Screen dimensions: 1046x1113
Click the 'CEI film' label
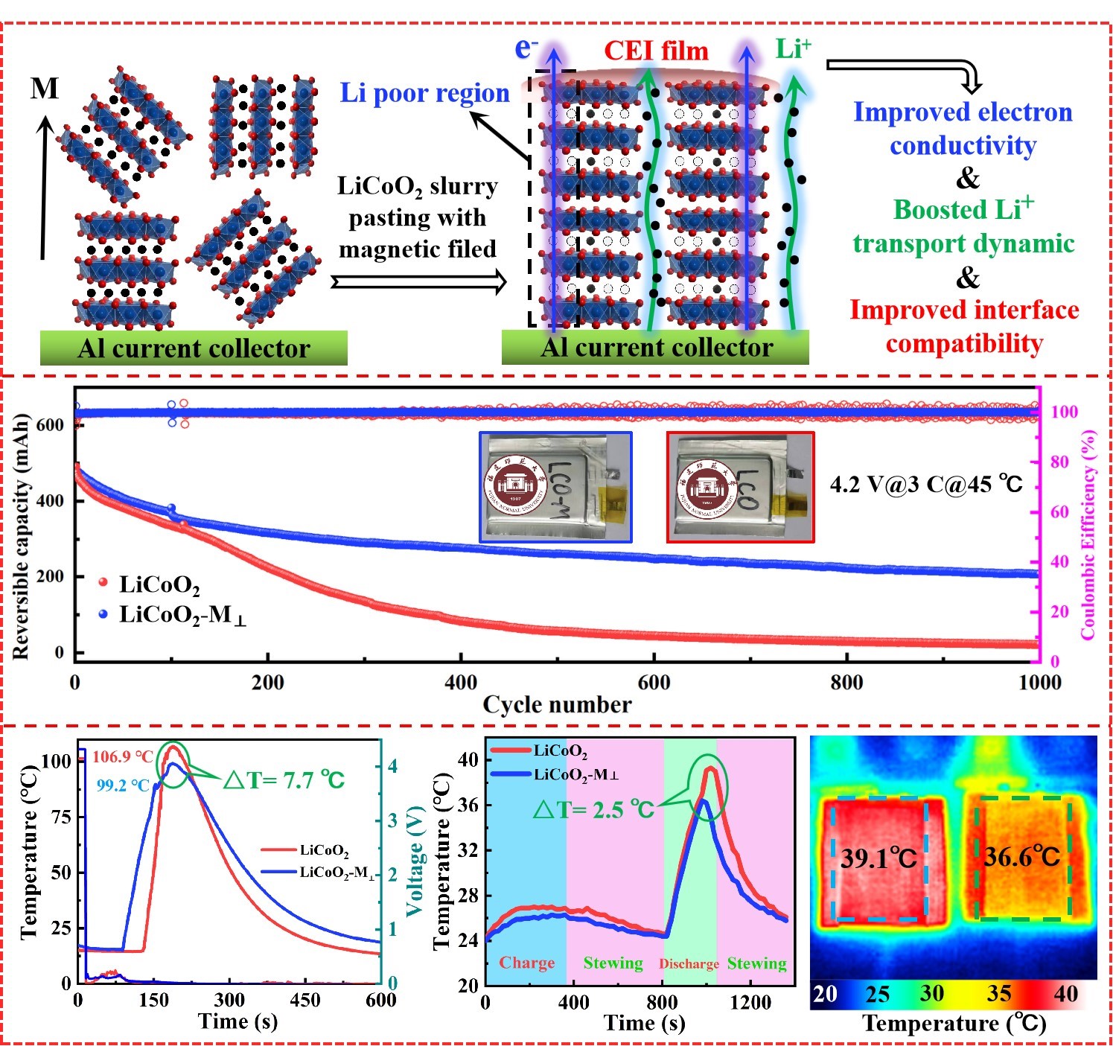coord(656,51)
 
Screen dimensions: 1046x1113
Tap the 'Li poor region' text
coord(424,93)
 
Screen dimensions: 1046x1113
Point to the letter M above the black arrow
coord(45,89)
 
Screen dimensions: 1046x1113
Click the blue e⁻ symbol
coord(526,48)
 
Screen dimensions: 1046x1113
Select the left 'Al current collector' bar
coord(194,348)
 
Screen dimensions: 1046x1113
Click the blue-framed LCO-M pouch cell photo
coord(555,486)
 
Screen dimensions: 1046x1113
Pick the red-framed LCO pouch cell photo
coord(740,486)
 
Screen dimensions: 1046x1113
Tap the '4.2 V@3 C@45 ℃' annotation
coord(926,485)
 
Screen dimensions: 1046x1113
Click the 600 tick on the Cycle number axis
coord(654,682)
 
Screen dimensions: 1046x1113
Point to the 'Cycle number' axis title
coord(557,704)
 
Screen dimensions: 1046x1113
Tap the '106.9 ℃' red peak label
coord(123,757)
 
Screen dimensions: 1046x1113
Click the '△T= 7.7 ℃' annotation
coord(284,780)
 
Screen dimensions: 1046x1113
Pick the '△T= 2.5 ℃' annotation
coord(593,809)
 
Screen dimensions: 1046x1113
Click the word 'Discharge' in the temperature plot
coord(689,964)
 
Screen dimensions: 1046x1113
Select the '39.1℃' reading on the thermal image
coord(878,859)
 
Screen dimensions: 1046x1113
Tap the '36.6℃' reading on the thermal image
coord(1021,857)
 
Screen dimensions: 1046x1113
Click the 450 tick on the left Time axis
coord(304,1000)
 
